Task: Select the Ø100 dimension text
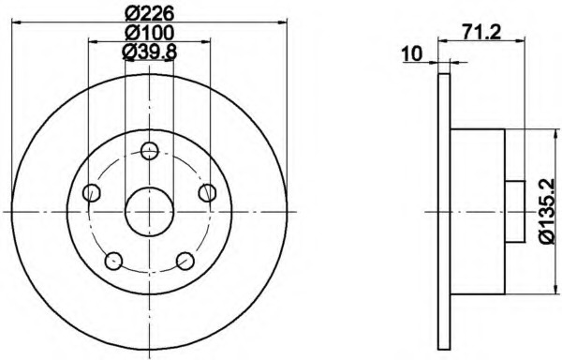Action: [x=148, y=33]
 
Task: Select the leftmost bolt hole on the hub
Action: [x=92, y=193]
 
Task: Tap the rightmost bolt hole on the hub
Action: [x=207, y=192]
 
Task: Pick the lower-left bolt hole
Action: [x=113, y=260]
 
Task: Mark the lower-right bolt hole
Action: [x=185, y=260]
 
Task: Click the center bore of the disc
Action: [x=149, y=211]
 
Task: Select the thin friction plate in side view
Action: [x=443, y=211]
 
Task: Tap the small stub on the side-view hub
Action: [x=513, y=211]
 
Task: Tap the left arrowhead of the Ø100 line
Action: [x=91, y=42]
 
